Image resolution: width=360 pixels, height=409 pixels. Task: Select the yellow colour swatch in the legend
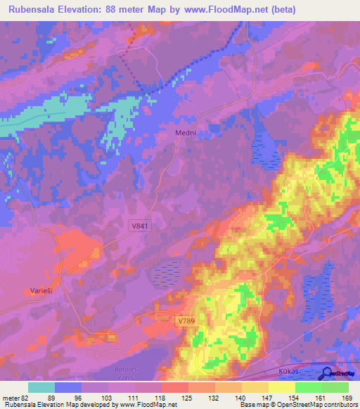tap(281, 387)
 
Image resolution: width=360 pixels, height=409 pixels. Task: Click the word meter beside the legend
tap(11, 398)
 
